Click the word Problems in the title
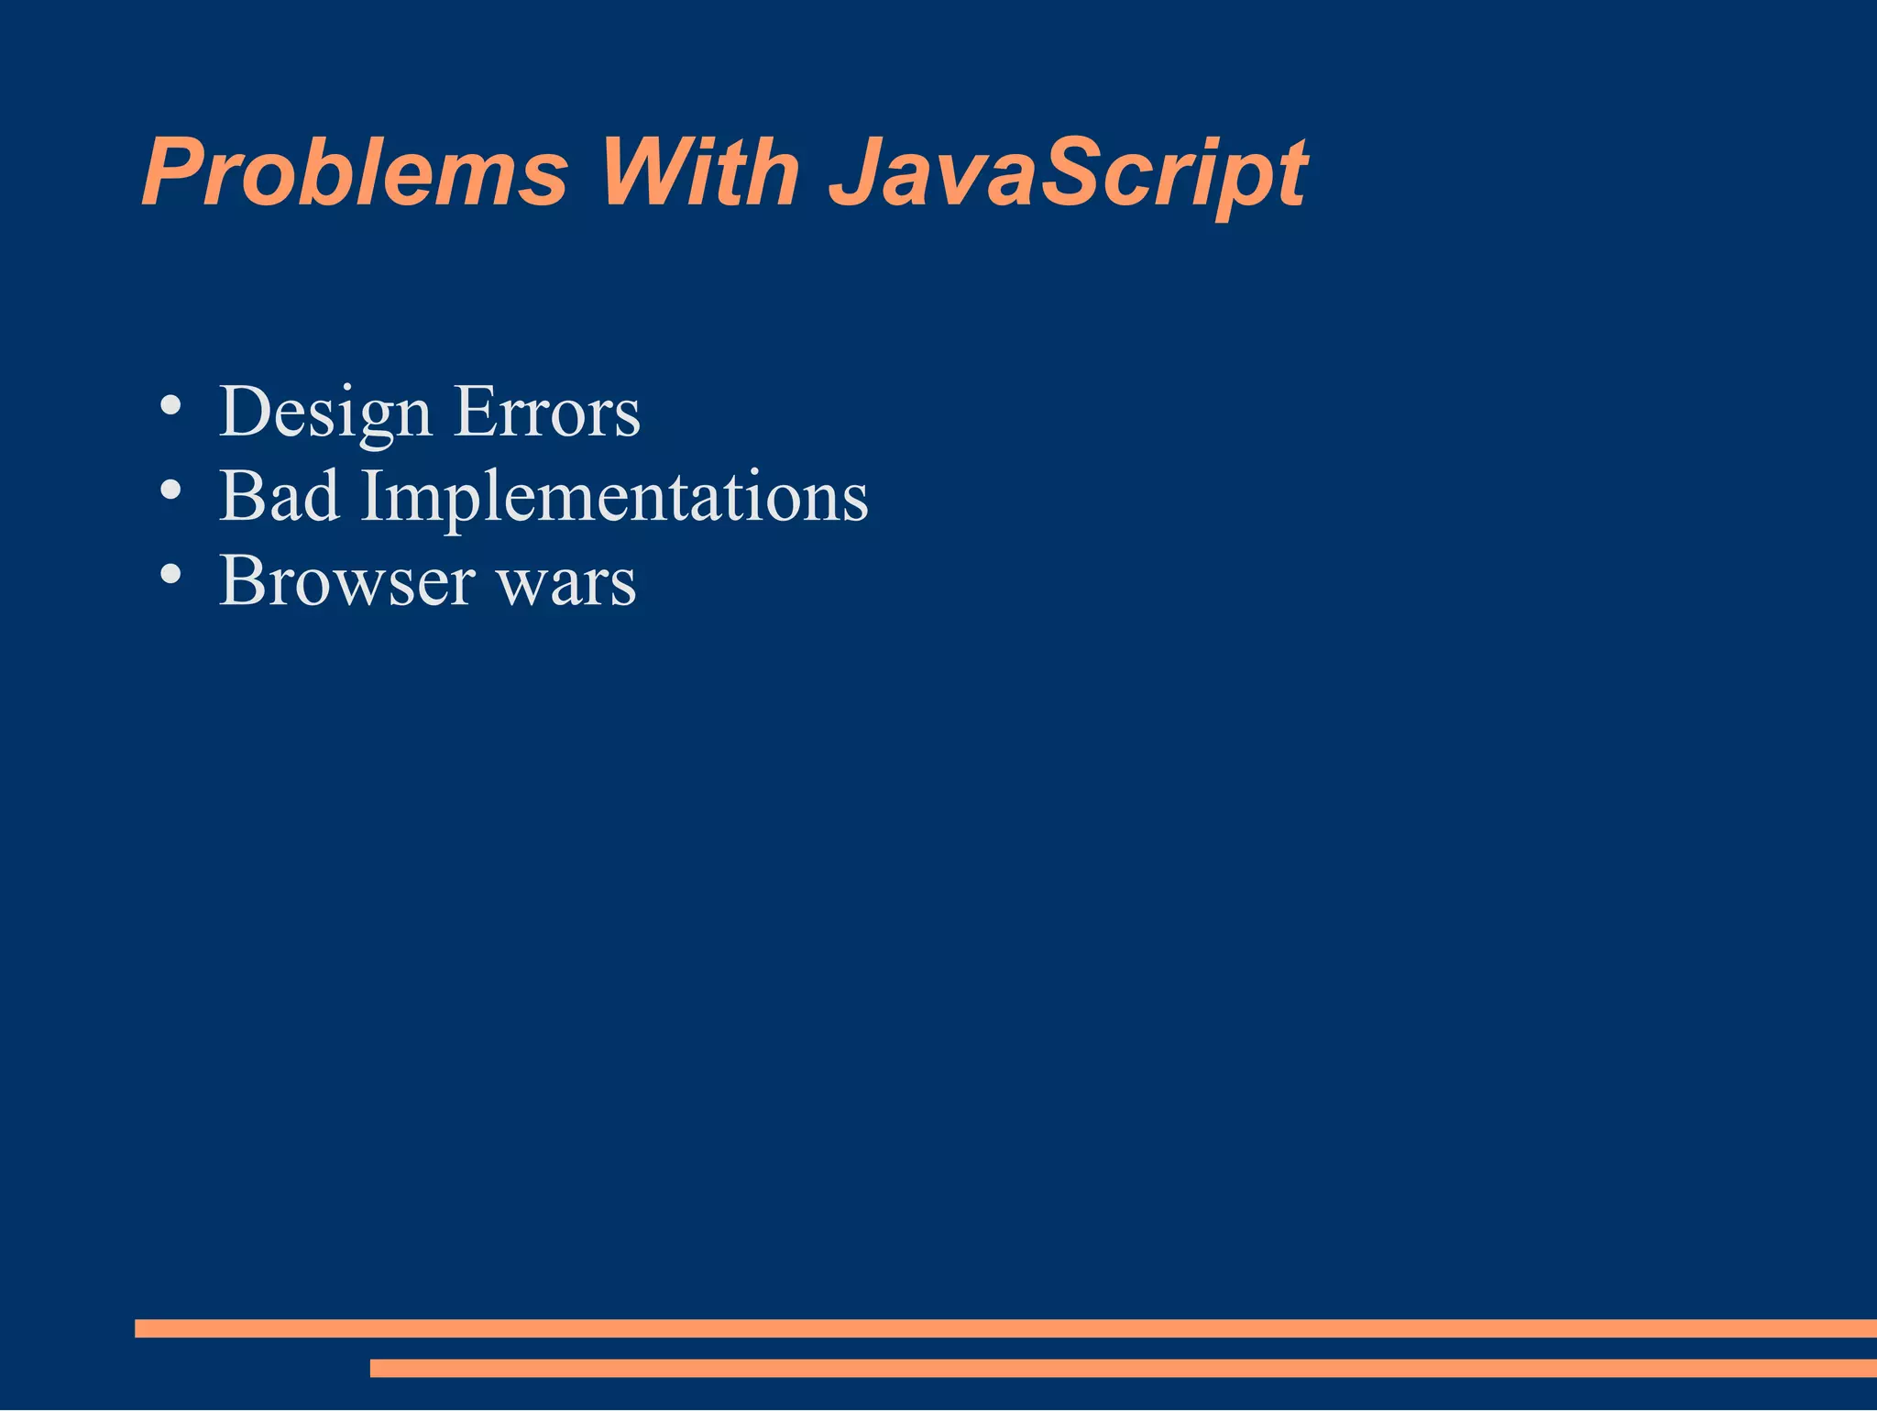tap(356, 172)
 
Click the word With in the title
tap(699, 172)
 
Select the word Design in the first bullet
tap(324, 413)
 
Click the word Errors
tap(547, 413)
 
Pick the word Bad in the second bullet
tap(280, 496)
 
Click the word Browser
tap(347, 580)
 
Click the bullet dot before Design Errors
tap(170, 406)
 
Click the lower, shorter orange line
tap(1123, 1368)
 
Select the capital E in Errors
tap(474, 413)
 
